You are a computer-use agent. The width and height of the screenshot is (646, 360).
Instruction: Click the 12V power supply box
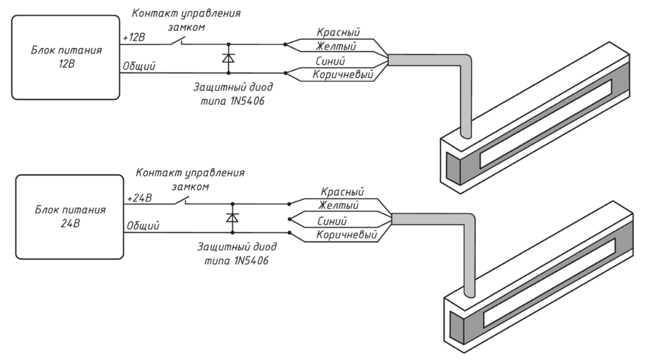click(65, 57)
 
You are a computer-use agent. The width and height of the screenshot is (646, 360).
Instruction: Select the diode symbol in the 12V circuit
click(228, 58)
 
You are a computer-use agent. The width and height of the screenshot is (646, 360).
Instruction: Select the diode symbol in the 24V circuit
click(232, 218)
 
